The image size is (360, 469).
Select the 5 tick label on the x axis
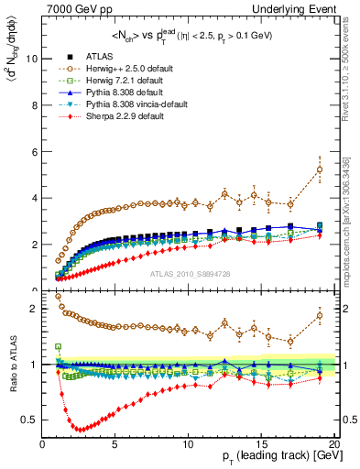[115, 445]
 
